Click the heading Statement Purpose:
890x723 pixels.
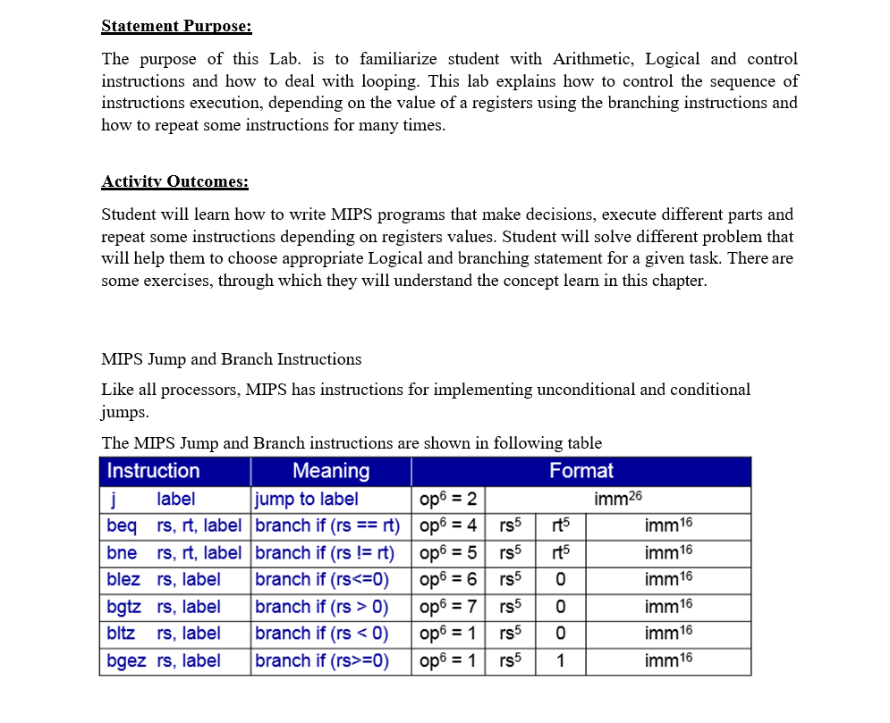(176, 26)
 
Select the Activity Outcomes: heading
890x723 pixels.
(174, 181)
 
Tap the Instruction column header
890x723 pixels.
(153, 471)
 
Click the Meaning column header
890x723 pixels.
(331, 471)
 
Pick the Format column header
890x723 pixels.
(581, 471)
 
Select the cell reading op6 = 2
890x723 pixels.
(447, 499)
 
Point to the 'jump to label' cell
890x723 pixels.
(306, 499)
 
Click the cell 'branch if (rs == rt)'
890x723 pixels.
(326, 525)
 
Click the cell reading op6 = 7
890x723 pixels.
(447, 607)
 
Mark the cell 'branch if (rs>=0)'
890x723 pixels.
(322, 661)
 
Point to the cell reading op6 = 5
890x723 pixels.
(447, 552)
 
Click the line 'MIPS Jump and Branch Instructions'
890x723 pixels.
(232, 359)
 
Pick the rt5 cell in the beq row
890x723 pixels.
(560, 525)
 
